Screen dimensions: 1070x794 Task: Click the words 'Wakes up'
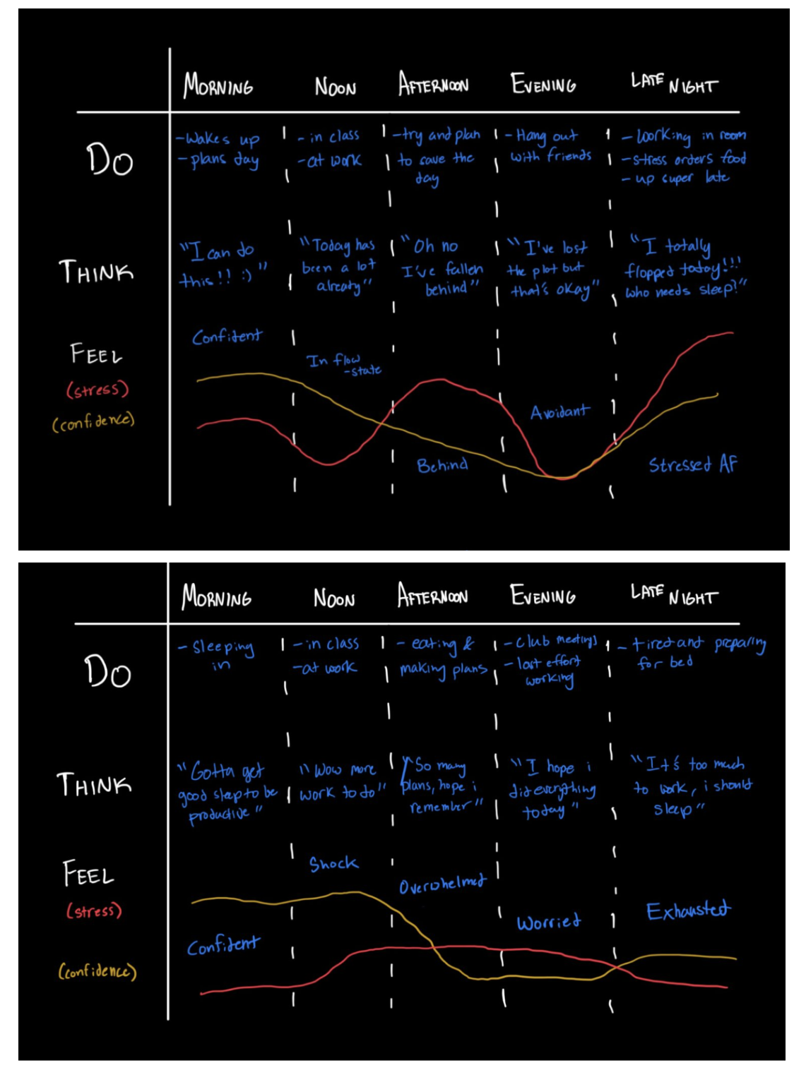(218, 138)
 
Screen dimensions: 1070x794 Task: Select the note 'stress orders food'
(683, 159)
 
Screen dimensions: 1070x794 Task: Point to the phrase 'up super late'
(675, 178)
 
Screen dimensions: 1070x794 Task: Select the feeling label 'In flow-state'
(343, 364)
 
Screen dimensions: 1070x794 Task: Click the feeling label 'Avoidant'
(559, 411)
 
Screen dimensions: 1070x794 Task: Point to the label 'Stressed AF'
(692, 464)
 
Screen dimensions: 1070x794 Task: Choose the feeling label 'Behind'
(442, 465)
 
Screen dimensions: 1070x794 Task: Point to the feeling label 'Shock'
(333, 864)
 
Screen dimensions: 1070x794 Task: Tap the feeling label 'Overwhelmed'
(442, 885)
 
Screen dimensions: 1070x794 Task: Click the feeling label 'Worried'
(548, 922)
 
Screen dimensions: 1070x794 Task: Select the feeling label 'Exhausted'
(688, 910)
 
